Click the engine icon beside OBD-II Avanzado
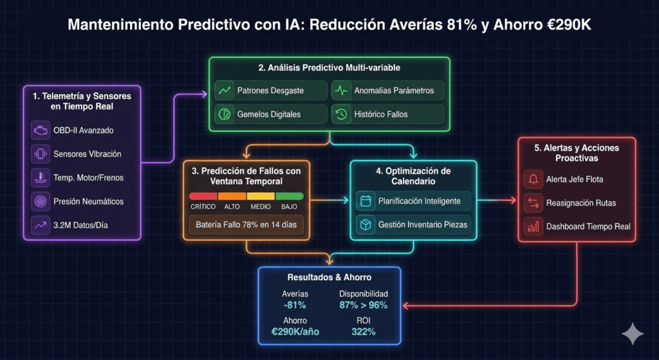click(x=40, y=131)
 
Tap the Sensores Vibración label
click(x=88, y=154)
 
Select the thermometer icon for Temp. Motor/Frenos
click(x=40, y=178)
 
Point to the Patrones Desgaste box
click(x=271, y=90)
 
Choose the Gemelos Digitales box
click(x=271, y=114)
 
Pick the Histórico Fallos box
click(x=388, y=114)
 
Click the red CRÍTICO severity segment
click(x=203, y=196)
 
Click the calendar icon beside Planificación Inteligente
click(x=366, y=201)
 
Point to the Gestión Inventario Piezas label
click(x=423, y=224)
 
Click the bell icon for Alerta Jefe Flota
click(x=533, y=179)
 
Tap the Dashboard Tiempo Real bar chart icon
click(x=533, y=226)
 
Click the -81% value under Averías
click(x=294, y=305)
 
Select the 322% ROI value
click(x=364, y=332)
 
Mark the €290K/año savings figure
click(x=295, y=332)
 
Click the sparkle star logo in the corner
click(x=632, y=334)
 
